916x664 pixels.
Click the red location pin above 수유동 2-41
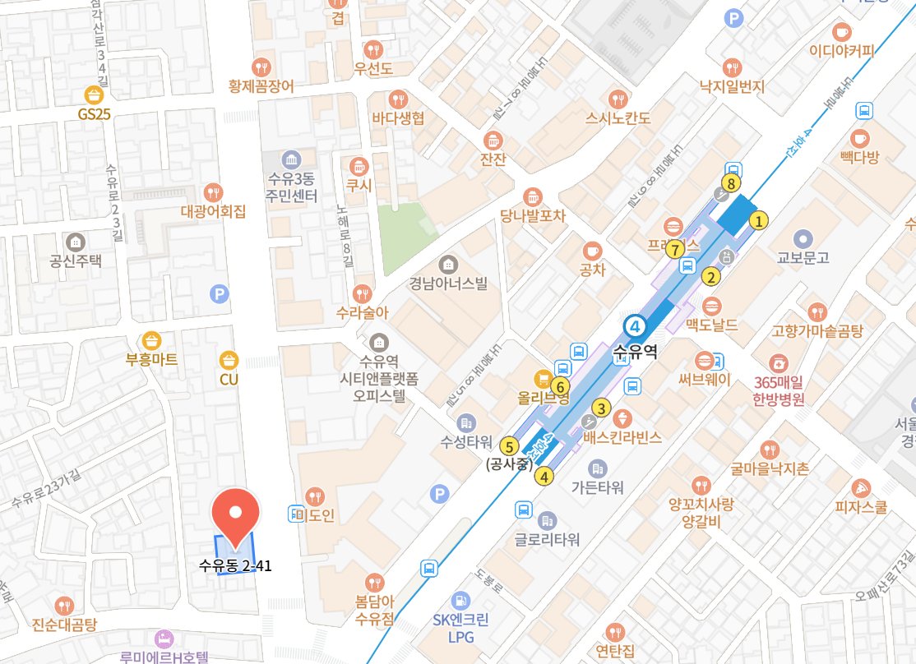click(236, 514)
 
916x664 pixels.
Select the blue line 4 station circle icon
click(634, 326)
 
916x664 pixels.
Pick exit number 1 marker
click(760, 219)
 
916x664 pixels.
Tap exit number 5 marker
click(509, 447)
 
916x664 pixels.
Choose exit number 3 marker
click(601, 408)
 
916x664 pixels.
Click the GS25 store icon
click(94, 95)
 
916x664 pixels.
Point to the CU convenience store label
click(228, 380)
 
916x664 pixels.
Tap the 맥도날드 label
click(712, 325)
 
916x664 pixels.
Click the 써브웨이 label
click(705, 381)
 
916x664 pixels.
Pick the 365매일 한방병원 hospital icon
click(777, 362)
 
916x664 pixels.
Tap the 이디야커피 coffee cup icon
click(841, 32)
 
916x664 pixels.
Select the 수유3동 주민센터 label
click(290, 186)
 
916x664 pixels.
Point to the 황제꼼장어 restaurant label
click(261, 85)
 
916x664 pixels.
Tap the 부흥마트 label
click(151, 360)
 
